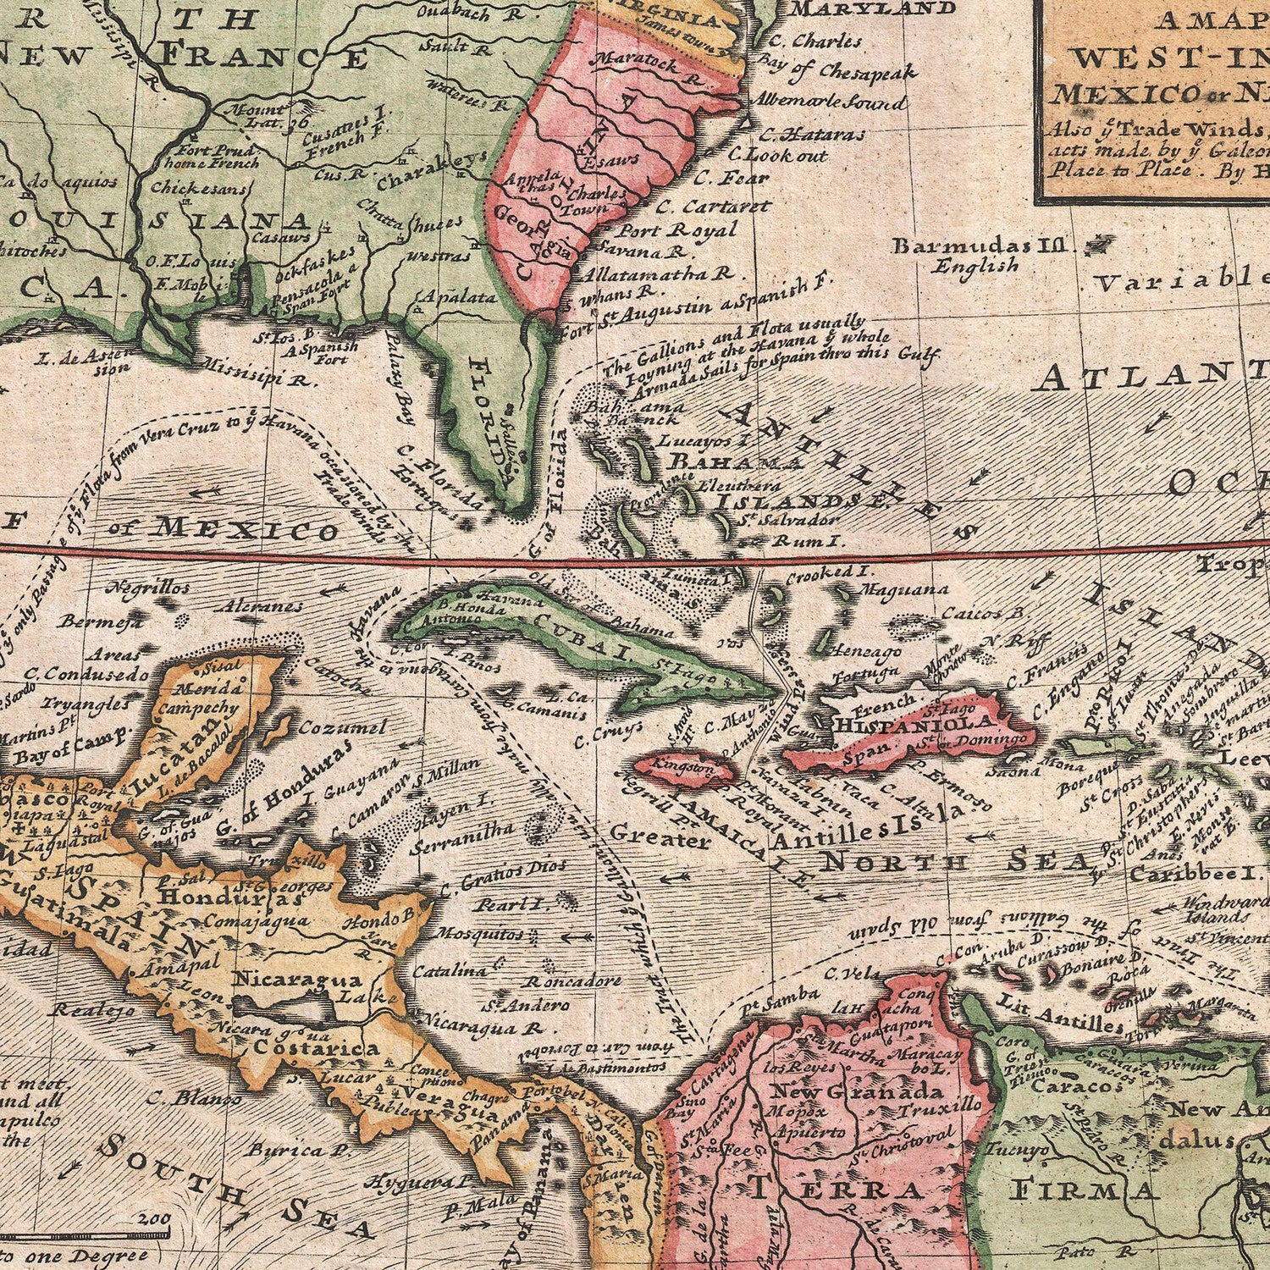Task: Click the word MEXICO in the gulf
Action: click(x=246, y=530)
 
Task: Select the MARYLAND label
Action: click(x=873, y=9)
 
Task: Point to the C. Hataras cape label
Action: click(x=812, y=134)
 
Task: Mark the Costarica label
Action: click(x=316, y=1048)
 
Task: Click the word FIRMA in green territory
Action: click(x=1085, y=1190)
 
